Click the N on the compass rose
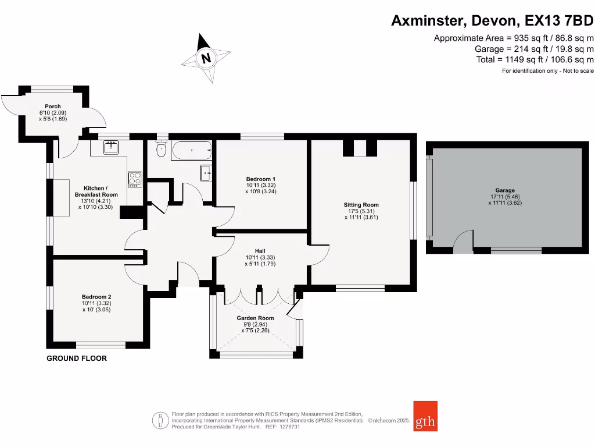coord(206,58)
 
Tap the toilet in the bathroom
coord(162,148)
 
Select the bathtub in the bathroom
coord(192,151)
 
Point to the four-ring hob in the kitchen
coord(135,179)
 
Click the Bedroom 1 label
coord(261,179)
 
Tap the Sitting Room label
coord(361,205)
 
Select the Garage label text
coord(505,190)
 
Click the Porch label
coord(53,107)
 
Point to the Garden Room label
coord(256,318)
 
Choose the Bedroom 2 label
coord(96,297)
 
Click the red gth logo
coord(425,416)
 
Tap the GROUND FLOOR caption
coord(77,359)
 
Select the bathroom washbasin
coord(206,173)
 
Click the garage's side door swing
coord(463,240)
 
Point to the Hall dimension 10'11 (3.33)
coord(260,257)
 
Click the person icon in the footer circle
coord(160,421)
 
